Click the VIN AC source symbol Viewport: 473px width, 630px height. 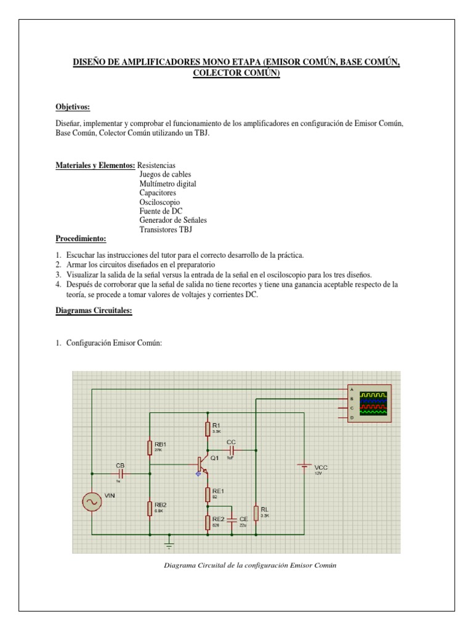[x=92, y=502]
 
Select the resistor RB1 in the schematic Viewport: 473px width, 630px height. [x=150, y=447]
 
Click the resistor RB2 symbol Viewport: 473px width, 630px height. [x=150, y=508]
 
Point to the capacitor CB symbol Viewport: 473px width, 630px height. [x=121, y=474]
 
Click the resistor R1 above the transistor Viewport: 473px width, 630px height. [x=208, y=428]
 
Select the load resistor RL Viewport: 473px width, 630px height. [x=256, y=512]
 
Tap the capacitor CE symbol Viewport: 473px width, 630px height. [x=232, y=522]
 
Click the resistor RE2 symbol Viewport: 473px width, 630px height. [x=208, y=522]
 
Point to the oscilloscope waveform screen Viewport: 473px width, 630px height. [x=374, y=404]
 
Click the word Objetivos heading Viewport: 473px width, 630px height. [x=73, y=106]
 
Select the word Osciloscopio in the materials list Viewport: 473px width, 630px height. [x=160, y=202]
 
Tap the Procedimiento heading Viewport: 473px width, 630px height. [x=81, y=238]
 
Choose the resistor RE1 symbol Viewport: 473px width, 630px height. [x=208, y=493]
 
